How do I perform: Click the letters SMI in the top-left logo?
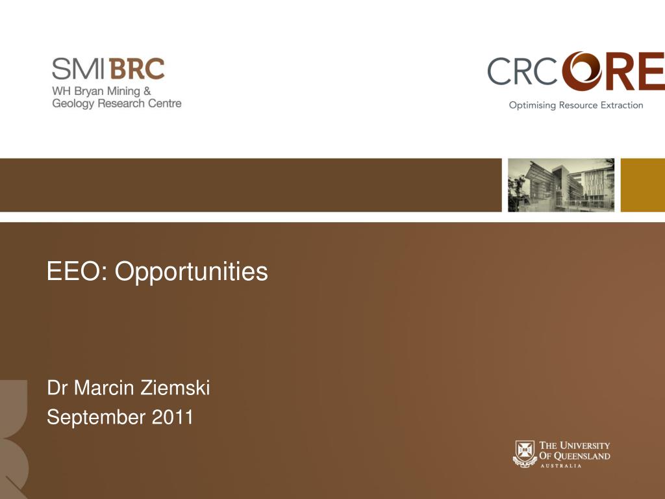pos(78,69)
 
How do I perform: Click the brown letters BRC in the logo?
pos(136,69)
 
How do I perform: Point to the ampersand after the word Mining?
pos(147,91)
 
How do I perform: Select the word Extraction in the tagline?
pos(621,105)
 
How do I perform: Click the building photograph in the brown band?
pos(561,185)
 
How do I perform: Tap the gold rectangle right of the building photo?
pos(643,185)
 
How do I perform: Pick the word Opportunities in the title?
pos(192,272)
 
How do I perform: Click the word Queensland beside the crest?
pos(582,456)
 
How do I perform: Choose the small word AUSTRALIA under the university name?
pos(560,466)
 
